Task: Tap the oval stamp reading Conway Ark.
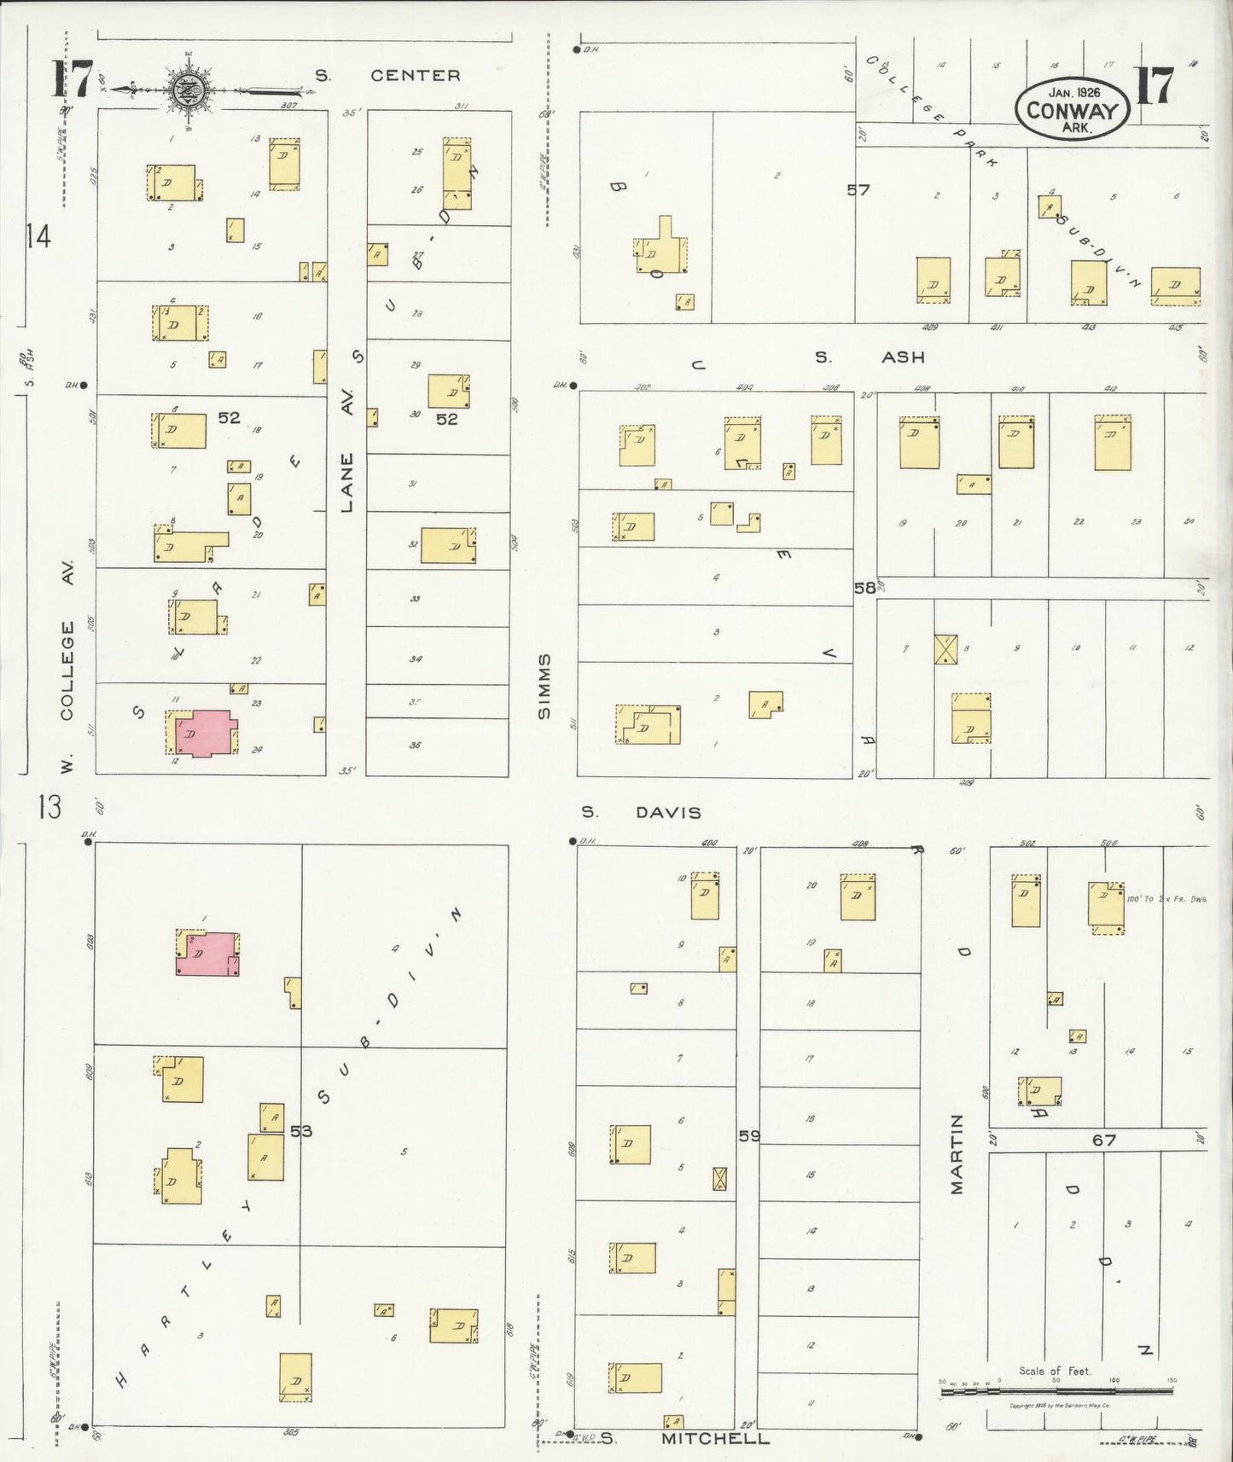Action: click(x=1072, y=109)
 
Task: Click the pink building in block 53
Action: click(x=208, y=954)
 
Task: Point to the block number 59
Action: click(x=748, y=1135)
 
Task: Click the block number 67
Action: click(x=1104, y=1139)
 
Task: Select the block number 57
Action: click(x=858, y=189)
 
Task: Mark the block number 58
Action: click(x=864, y=587)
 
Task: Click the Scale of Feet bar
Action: click(x=1056, y=1391)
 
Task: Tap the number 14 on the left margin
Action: click(x=38, y=236)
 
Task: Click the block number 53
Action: click(x=301, y=1131)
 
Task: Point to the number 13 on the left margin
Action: click(x=49, y=807)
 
